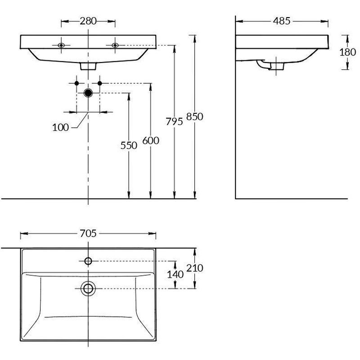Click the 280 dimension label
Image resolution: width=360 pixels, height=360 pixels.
[88, 21]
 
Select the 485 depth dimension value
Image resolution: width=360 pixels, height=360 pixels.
[282, 21]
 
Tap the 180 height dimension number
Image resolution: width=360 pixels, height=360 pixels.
[347, 52]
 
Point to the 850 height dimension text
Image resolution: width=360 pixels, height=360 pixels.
[195, 117]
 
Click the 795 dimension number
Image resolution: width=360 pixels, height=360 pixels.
[174, 121]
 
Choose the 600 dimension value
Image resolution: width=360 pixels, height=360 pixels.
[151, 140]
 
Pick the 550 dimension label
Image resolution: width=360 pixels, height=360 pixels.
[129, 145]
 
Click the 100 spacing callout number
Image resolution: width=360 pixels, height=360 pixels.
[60, 127]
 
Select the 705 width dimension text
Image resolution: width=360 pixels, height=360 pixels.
[88, 234]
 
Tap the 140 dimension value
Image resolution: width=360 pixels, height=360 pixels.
[175, 274]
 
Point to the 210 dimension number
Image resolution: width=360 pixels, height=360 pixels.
[195, 268]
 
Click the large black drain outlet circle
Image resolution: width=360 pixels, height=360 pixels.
[88, 93]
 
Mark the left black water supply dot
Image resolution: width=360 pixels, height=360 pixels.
[76, 83]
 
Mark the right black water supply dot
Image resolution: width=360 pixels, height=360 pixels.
[99, 83]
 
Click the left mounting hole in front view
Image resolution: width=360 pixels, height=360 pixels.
[61, 45]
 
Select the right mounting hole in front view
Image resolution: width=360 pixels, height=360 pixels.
[115, 45]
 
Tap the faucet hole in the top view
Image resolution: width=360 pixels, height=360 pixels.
[88, 261]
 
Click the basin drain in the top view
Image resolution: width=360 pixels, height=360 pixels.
[88, 288]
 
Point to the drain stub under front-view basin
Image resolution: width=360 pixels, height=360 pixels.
[88, 66]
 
